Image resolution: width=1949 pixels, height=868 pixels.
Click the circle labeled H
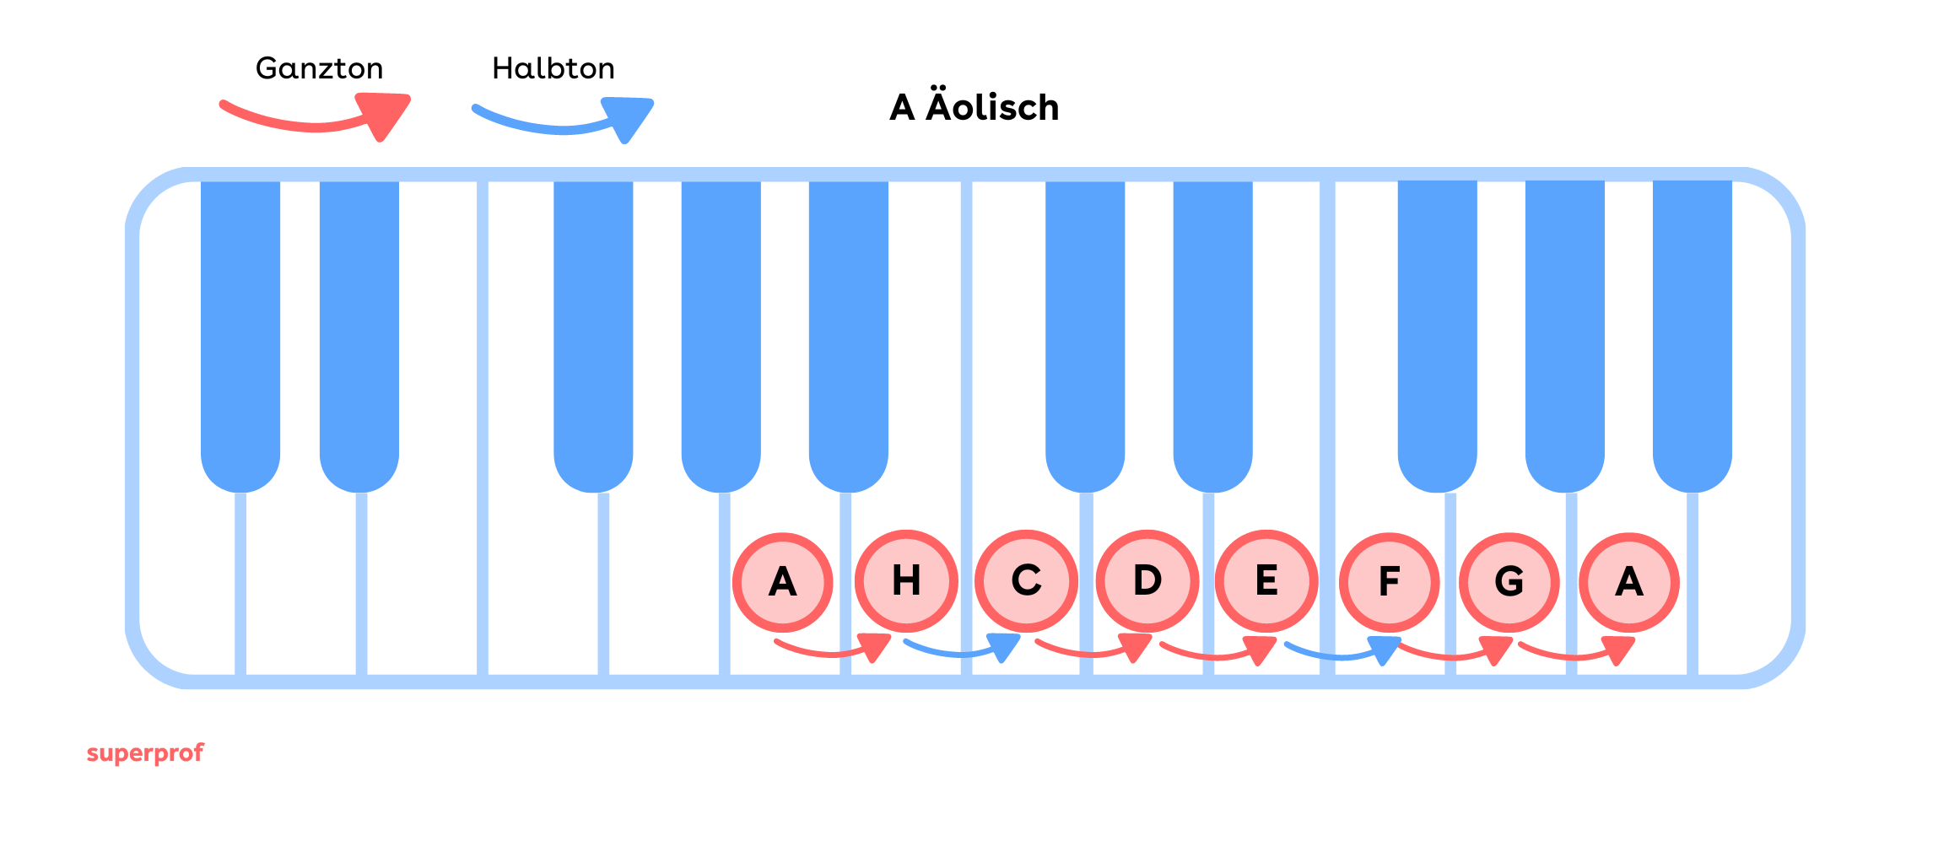906,581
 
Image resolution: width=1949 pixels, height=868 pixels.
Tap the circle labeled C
1026,581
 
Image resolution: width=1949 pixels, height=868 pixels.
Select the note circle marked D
1147,581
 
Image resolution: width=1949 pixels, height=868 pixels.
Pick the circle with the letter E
1266,581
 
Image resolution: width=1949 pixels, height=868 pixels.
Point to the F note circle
1389,582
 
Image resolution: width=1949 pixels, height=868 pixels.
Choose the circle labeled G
1509,582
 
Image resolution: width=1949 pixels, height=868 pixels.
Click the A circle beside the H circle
783,582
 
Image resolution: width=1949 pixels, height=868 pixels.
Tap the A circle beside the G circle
1629,582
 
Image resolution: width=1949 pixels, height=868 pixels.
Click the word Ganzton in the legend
319,68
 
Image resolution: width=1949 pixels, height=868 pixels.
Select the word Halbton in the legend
553,68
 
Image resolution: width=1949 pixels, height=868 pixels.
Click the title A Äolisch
974,107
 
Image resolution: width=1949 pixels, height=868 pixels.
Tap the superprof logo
145,752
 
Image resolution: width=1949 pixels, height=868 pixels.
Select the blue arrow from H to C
962,650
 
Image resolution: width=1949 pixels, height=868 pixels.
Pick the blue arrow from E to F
1342,651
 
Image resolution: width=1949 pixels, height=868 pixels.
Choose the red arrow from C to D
1093,650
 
